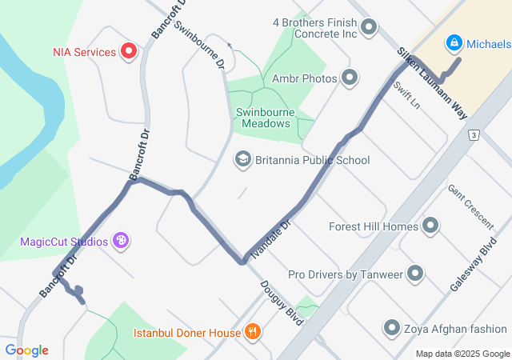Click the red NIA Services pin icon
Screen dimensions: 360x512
(x=129, y=52)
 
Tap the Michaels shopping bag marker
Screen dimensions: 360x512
(x=453, y=42)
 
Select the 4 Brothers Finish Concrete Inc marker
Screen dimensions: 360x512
(x=369, y=29)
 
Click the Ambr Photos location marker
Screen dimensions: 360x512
(x=350, y=78)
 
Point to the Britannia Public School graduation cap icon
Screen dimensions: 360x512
(x=242, y=160)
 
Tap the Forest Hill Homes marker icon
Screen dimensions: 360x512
(x=430, y=226)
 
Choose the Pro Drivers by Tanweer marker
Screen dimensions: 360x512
(x=415, y=274)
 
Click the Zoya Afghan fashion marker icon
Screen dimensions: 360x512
(x=391, y=328)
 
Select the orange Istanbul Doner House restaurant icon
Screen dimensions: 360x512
(x=253, y=331)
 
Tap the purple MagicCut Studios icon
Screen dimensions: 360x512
(x=121, y=240)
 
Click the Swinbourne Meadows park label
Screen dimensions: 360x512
(x=263, y=118)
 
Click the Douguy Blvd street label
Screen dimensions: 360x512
(x=281, y=303)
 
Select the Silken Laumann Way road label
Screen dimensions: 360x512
(x=432, y=83)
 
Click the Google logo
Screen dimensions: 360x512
(x=26, y=350)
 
